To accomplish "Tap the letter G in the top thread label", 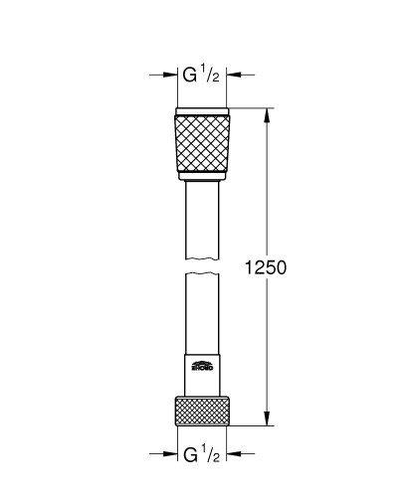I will [x=187, y=76].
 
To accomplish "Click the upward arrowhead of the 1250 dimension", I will [x=266, y=112].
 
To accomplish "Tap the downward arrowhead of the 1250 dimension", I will [x=266, y=421].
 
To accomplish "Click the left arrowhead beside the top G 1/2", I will [x=169, y=76].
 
